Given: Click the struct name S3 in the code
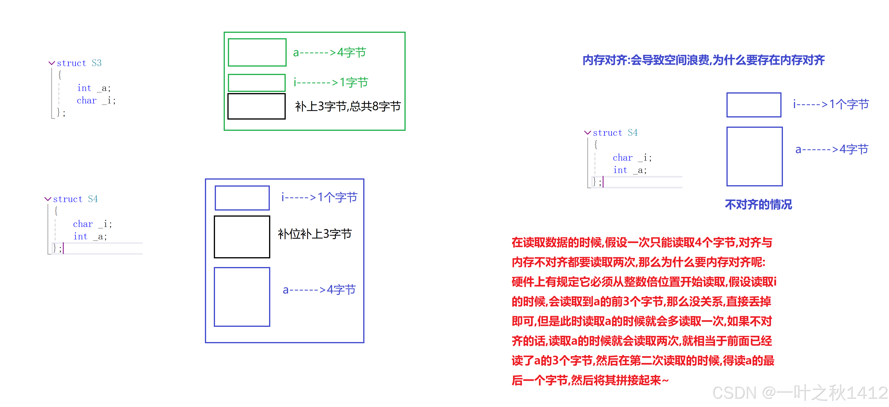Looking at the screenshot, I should pyautogui.click(x=97, y=63).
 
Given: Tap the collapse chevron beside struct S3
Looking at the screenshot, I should pyautogui.click(x=52, y=63).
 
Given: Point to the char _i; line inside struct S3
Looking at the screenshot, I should pyautogui.click(x=96, y=101).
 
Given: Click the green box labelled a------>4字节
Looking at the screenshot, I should pyautogui.click(x=257, y=52).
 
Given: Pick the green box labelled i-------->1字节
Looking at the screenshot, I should pyautogui.click(x=256, y=83).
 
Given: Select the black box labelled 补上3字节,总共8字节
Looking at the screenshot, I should pyautogui.click(x=256, y=106).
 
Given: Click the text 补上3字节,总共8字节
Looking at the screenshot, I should pyautogui.click(x=348, y=106).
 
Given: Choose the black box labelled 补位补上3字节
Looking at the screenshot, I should pyautogui.click(x=242, y=237).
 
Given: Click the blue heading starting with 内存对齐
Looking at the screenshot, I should pyautogui.click(x=703, y=60).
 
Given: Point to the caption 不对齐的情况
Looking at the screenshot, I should pyautogui.click(x=758, y=204).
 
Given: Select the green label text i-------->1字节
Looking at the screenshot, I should pyautogui.click(x=331, y=83).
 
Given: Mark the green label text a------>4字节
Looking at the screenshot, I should pyautogui.click(x=329, y=53).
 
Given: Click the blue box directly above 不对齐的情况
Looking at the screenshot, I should pyautogui.click(x=754, y=157).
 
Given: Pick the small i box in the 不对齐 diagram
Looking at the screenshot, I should pyautogui.click(x=754, y=105).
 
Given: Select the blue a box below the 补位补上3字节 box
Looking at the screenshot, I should pyautogui.click(x=242, y=297).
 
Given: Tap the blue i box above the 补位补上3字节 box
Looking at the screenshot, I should pyautogui.click(x=242, y=198).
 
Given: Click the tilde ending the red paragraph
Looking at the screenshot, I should pyautogui.click(x=665, y=381).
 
